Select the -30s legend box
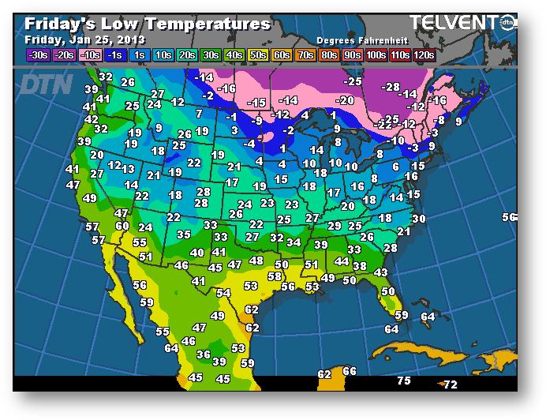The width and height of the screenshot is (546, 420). [x=37, y=54]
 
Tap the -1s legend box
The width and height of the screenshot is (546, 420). [x=114, y=54]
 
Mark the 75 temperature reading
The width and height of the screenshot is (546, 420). [x=404, y=381]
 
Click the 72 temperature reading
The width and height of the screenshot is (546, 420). [x=450, y=384]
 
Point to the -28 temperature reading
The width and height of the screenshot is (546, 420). [x=390, y=86]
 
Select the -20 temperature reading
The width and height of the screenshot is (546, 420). [x=344, y=100]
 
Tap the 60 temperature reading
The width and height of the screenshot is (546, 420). [x=122, y=226]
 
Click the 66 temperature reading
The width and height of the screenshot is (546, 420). [x=350, y=371]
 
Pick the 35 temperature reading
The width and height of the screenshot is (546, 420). [x=184, y=234]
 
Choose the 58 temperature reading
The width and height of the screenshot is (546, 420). [x=275, y=276]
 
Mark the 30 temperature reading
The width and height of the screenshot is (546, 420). [x=419, y=219]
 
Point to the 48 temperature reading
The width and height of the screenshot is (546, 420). [x=256, y=261]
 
